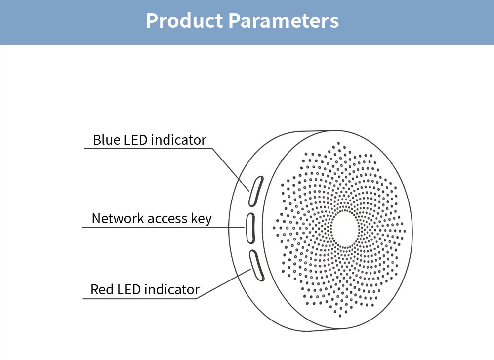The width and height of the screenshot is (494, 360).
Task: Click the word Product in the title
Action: (x=184, y=21)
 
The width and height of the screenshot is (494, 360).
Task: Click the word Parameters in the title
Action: (x=284, y=21)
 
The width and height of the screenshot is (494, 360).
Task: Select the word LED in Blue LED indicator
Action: (x=134, y=140)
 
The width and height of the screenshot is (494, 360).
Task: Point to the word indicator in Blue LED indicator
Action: (x=178, y=140)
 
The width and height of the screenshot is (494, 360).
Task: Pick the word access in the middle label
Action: (x=165, y=219)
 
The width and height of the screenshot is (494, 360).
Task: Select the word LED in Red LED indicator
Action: (x=129, y=289)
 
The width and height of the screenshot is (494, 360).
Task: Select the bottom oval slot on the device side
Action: (x=256, y=265)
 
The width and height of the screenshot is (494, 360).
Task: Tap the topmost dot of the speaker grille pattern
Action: (x=338, y=143)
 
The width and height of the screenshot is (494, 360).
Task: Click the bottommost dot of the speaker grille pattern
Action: (x=339, y=315)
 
